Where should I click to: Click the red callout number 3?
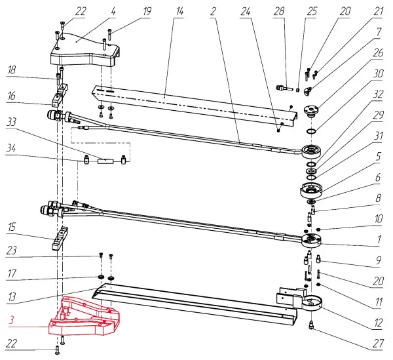click(x=12, y=321)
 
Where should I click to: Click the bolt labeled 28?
click(x=283, y=86)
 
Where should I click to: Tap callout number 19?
click(x=147, y=10)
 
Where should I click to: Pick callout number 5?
click(x=379, y=156)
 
